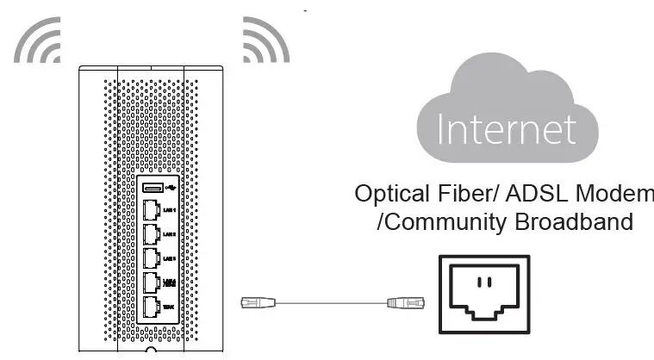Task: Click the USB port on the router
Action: [153, 188]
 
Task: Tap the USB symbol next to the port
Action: [171, 188]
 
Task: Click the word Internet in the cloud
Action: [505, 129]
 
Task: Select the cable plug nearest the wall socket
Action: [402, 302]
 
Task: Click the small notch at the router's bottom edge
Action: [151, 352]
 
